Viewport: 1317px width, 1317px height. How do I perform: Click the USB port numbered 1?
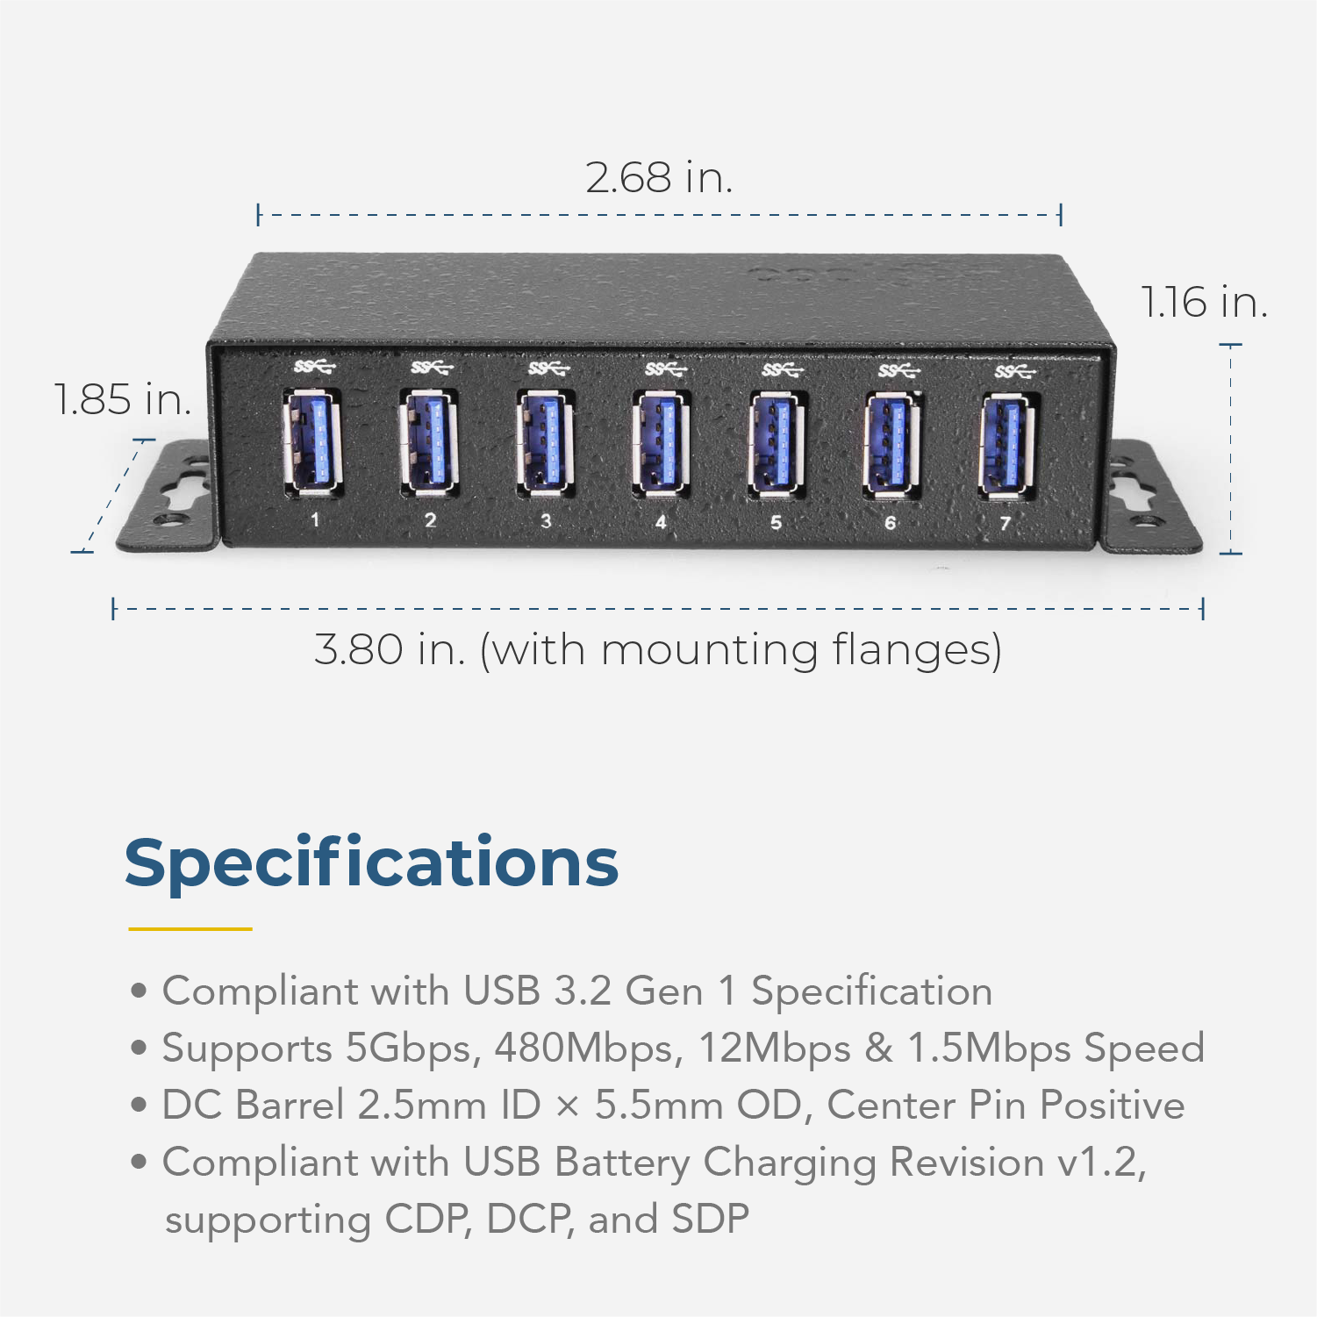click(312, 442)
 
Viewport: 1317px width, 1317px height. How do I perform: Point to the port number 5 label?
click(776, 523)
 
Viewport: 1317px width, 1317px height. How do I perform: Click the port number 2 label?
click(430, 520)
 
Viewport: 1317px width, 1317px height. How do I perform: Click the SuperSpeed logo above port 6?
click(898, 371)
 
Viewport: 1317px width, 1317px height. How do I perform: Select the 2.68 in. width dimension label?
click(658, 178)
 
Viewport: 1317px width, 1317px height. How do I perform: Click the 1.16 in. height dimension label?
click(1203, 303)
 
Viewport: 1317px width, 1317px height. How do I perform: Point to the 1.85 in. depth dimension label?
click(122, 400)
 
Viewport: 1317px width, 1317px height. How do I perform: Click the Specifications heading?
click(371, 863)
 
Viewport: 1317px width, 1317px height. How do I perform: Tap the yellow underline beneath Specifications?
click(190, 928)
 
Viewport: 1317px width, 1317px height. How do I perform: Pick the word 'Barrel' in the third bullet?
click(290, 1106)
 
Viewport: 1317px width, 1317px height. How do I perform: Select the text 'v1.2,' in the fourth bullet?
click(1101, 1163)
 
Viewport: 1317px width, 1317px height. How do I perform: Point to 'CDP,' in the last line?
click(427, 1220)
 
